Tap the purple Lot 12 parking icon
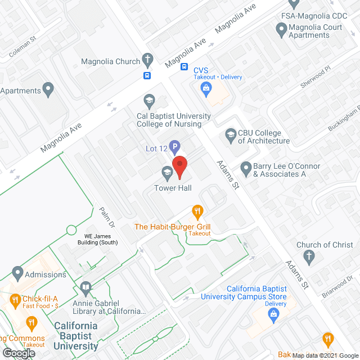[x=174, y=148]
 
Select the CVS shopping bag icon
[x=206, y=88]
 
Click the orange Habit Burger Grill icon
[x=197, y=212]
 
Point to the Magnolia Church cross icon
[x=147, y=60]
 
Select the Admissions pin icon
[x=17, y=274]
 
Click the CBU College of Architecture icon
[x=231, y=135]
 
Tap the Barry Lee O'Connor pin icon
[x=246, y=168]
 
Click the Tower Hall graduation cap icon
[x=167, y=172]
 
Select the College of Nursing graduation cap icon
[x=149, y=101]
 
